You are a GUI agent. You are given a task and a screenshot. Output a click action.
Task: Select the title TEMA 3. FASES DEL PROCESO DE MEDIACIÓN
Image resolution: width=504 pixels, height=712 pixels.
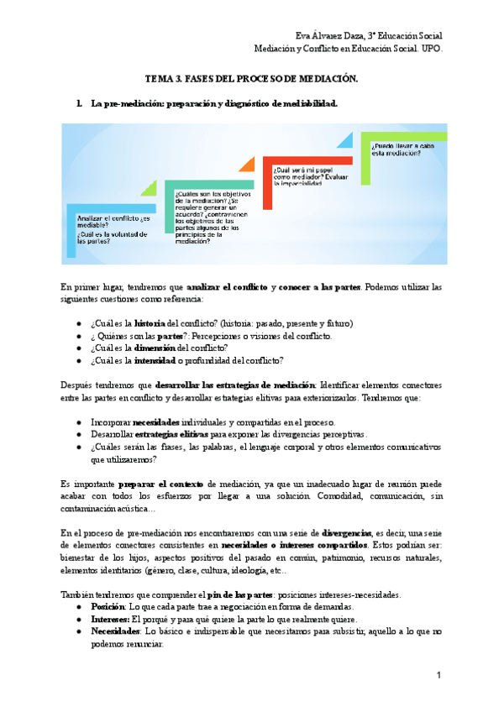(x=252, y=78)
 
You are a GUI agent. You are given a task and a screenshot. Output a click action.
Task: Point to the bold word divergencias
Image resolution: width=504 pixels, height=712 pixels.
(x=351, y=533)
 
